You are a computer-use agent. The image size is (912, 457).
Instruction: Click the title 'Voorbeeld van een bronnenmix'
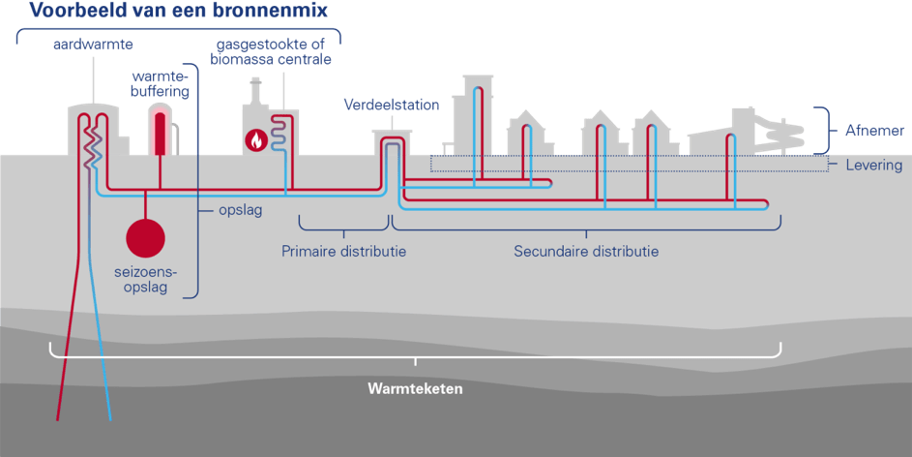[179, 12]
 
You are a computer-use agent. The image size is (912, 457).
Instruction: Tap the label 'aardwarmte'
[93, 45]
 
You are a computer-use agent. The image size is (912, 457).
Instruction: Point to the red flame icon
[255, 140]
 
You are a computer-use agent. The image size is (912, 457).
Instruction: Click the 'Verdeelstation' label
[392, 105]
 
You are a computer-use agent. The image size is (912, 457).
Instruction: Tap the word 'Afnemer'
[875, 130]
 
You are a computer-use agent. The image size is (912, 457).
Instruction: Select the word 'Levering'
[874, 166]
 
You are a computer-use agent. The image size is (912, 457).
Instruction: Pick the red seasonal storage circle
[146, 237]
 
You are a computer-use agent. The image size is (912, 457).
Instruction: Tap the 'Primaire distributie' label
[343, 252]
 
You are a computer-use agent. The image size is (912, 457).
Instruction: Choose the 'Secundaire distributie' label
[586, 252]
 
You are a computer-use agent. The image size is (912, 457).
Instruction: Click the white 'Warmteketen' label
[415, 389]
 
